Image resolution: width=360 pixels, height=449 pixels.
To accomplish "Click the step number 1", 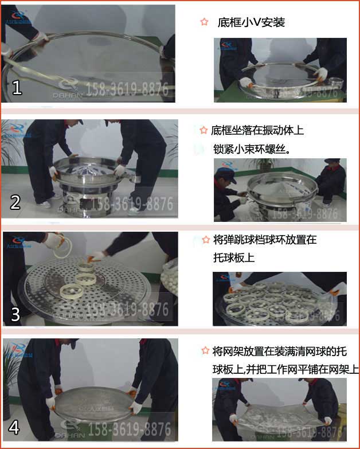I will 17,87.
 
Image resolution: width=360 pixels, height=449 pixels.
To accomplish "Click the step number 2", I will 15,201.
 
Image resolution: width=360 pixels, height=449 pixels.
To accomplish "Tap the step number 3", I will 15,314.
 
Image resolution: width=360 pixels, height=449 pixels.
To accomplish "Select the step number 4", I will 14,427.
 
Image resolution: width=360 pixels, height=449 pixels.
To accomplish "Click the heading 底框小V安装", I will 251,23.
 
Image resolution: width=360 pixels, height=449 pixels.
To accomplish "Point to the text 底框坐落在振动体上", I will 257,130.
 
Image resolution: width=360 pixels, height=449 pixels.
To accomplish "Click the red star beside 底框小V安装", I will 204,22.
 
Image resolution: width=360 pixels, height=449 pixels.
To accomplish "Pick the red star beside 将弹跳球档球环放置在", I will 206,240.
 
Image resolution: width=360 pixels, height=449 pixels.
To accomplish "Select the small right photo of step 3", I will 279,299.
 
